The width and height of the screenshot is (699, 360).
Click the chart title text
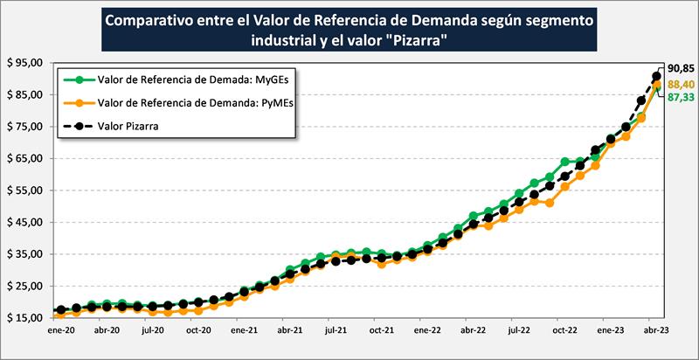tap(349, 30)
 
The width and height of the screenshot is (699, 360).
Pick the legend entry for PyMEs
tap(183, 103)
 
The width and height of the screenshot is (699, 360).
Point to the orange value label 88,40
tap(681, 84)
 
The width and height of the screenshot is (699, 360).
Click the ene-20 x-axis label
tap(60, 332)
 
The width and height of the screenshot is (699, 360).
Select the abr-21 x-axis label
tap(289, 332)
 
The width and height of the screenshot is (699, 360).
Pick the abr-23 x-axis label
tap(656, 332)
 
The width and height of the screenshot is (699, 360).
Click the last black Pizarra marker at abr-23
tap(657, 75)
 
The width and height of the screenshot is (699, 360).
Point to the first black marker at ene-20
tap(60, 310)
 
